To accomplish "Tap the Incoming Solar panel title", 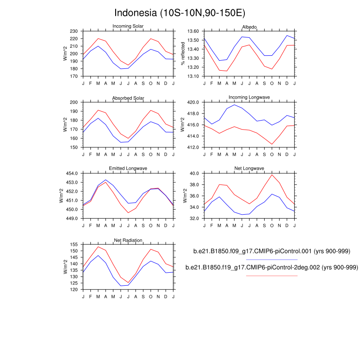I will coord(128,26).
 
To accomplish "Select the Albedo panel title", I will coord(249,27).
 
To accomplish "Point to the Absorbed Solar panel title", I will coord(128,99).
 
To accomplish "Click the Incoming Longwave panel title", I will coord(249,97).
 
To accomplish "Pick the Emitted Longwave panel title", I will coord(128,169).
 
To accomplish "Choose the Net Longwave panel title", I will coord(249,169).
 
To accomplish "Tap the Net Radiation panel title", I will coord(128,240).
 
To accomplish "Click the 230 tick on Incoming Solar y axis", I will coord(75,31).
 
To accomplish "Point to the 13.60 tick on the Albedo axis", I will coord(193,31).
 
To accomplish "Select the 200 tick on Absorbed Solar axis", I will coord(75,103).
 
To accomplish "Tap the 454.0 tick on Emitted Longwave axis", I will coord(72,173).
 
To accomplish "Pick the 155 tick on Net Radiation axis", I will coord(75,244).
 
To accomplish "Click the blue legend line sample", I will coord(272,260).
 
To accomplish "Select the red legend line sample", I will coord(272,275).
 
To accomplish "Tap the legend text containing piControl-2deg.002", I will coord(272,267).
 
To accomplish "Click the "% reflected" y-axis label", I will coord(183,54).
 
